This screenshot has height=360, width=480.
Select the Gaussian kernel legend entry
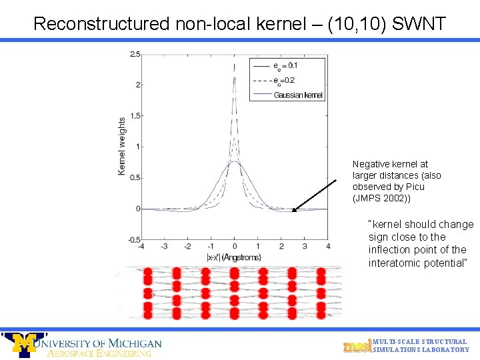pyautogui.click(x=297, y=95)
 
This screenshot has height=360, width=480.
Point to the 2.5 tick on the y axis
pyautogui.click(x=135, y=54)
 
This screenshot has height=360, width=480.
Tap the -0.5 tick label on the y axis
pyautogui.click(x=133, y=239)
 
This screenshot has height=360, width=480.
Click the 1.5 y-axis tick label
pyautogui.click(x=135, y=116)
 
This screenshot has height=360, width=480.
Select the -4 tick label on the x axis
pyautogui.click(x=141, y=247)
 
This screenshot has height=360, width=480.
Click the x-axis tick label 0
pyautogui.click(x=235, y=247)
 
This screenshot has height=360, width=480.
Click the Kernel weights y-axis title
pyautogui.click(x=121, y=147)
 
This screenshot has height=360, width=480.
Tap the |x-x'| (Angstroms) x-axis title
pyautogui.click(x=234, y=257)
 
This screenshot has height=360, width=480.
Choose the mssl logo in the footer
pyautogui.click(x=357, y=346)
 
